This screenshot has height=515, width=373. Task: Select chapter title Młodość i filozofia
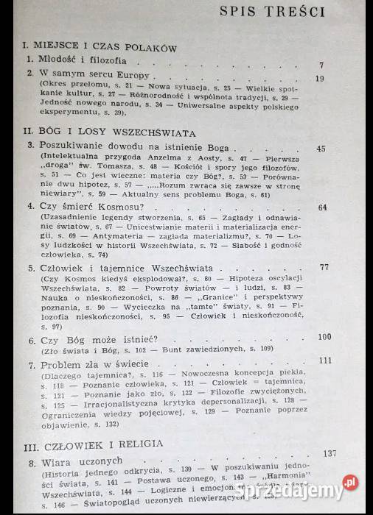click(x=76, y=60)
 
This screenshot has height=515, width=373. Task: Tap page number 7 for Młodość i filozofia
click(x=321, y=65)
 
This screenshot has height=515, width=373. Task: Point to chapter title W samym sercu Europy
click(x=87, y=75)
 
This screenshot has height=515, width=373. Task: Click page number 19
click(x=319, y=79)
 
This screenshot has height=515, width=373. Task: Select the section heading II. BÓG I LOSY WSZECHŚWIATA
click(x=109, y=133)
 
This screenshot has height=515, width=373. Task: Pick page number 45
click(x=320, y=149)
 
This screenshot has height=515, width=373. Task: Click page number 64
click(x=322, y=207)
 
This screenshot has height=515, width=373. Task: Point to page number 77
click(x=324, y=266)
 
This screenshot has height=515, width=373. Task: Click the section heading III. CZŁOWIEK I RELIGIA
click(x=100, y=446)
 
